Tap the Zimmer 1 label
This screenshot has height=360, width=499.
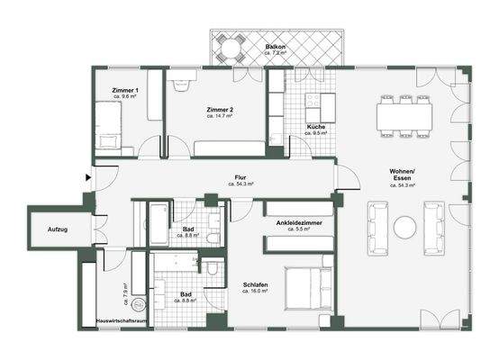click(x=125, y=91)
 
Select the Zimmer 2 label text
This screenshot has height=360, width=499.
click(x=221, y=108)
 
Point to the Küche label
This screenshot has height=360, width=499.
click(x=316, y=128)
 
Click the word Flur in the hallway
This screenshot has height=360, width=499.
click(x=240, y=177)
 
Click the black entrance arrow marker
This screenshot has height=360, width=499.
click(x=87, y=178)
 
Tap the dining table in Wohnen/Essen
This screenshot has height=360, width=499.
click(x=404, y=114)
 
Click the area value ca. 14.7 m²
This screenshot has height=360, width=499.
click(x=221, y=116)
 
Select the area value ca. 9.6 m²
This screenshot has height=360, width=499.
click(x=125, y=98)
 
